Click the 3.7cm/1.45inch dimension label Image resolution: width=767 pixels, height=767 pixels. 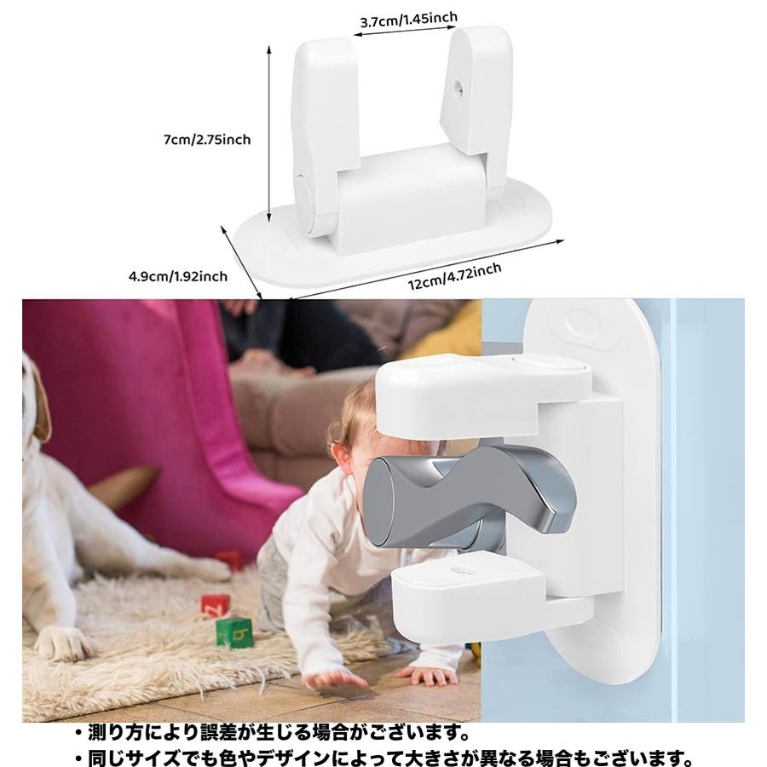pos(409,20)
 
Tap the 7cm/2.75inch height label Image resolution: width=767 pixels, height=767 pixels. pos(207,140)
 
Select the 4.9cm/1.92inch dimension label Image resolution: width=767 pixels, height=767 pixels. pos(178,276)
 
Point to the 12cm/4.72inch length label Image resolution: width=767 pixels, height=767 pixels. pos(454,276)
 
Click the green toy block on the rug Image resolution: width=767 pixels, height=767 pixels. pos(234,633)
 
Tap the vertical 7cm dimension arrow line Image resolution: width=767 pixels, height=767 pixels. pos(268,134)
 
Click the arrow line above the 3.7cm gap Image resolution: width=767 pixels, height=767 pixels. pos(406,31)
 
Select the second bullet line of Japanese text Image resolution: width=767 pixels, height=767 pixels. pos(384,758)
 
